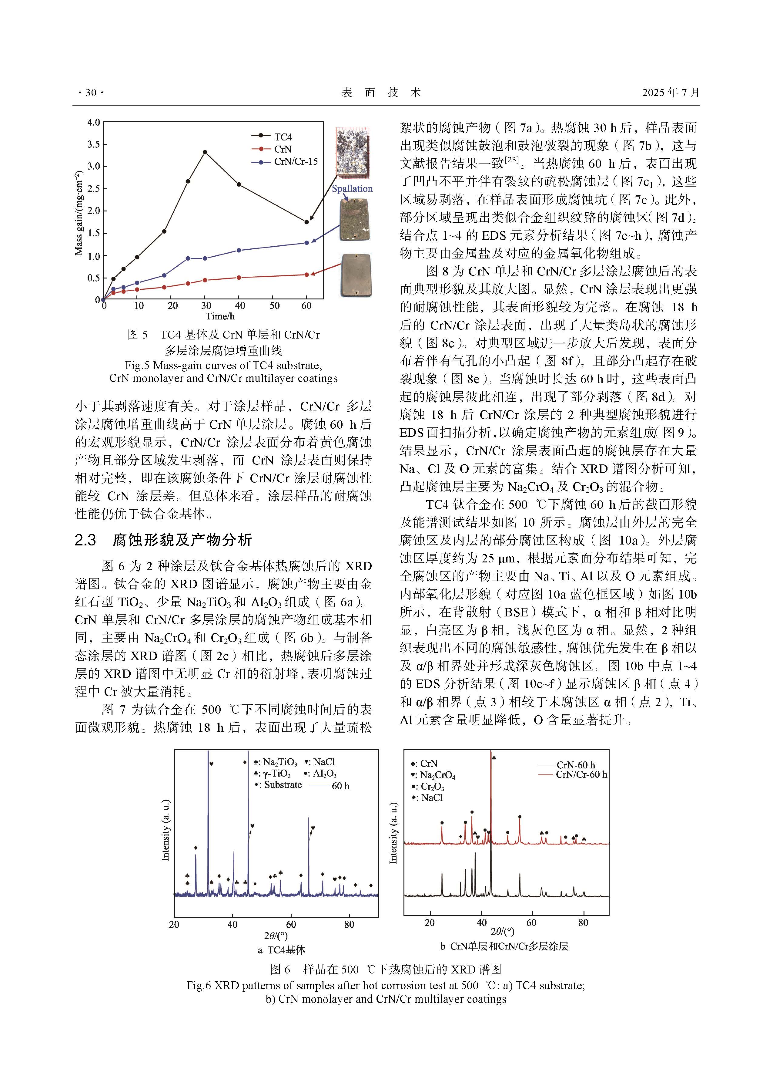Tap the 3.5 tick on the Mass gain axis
tap(94, 144)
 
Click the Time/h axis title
tap(220, 316)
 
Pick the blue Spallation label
tap(352, 189)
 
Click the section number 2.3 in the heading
tap(86, 540)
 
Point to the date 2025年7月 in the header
tap(670, 93)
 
